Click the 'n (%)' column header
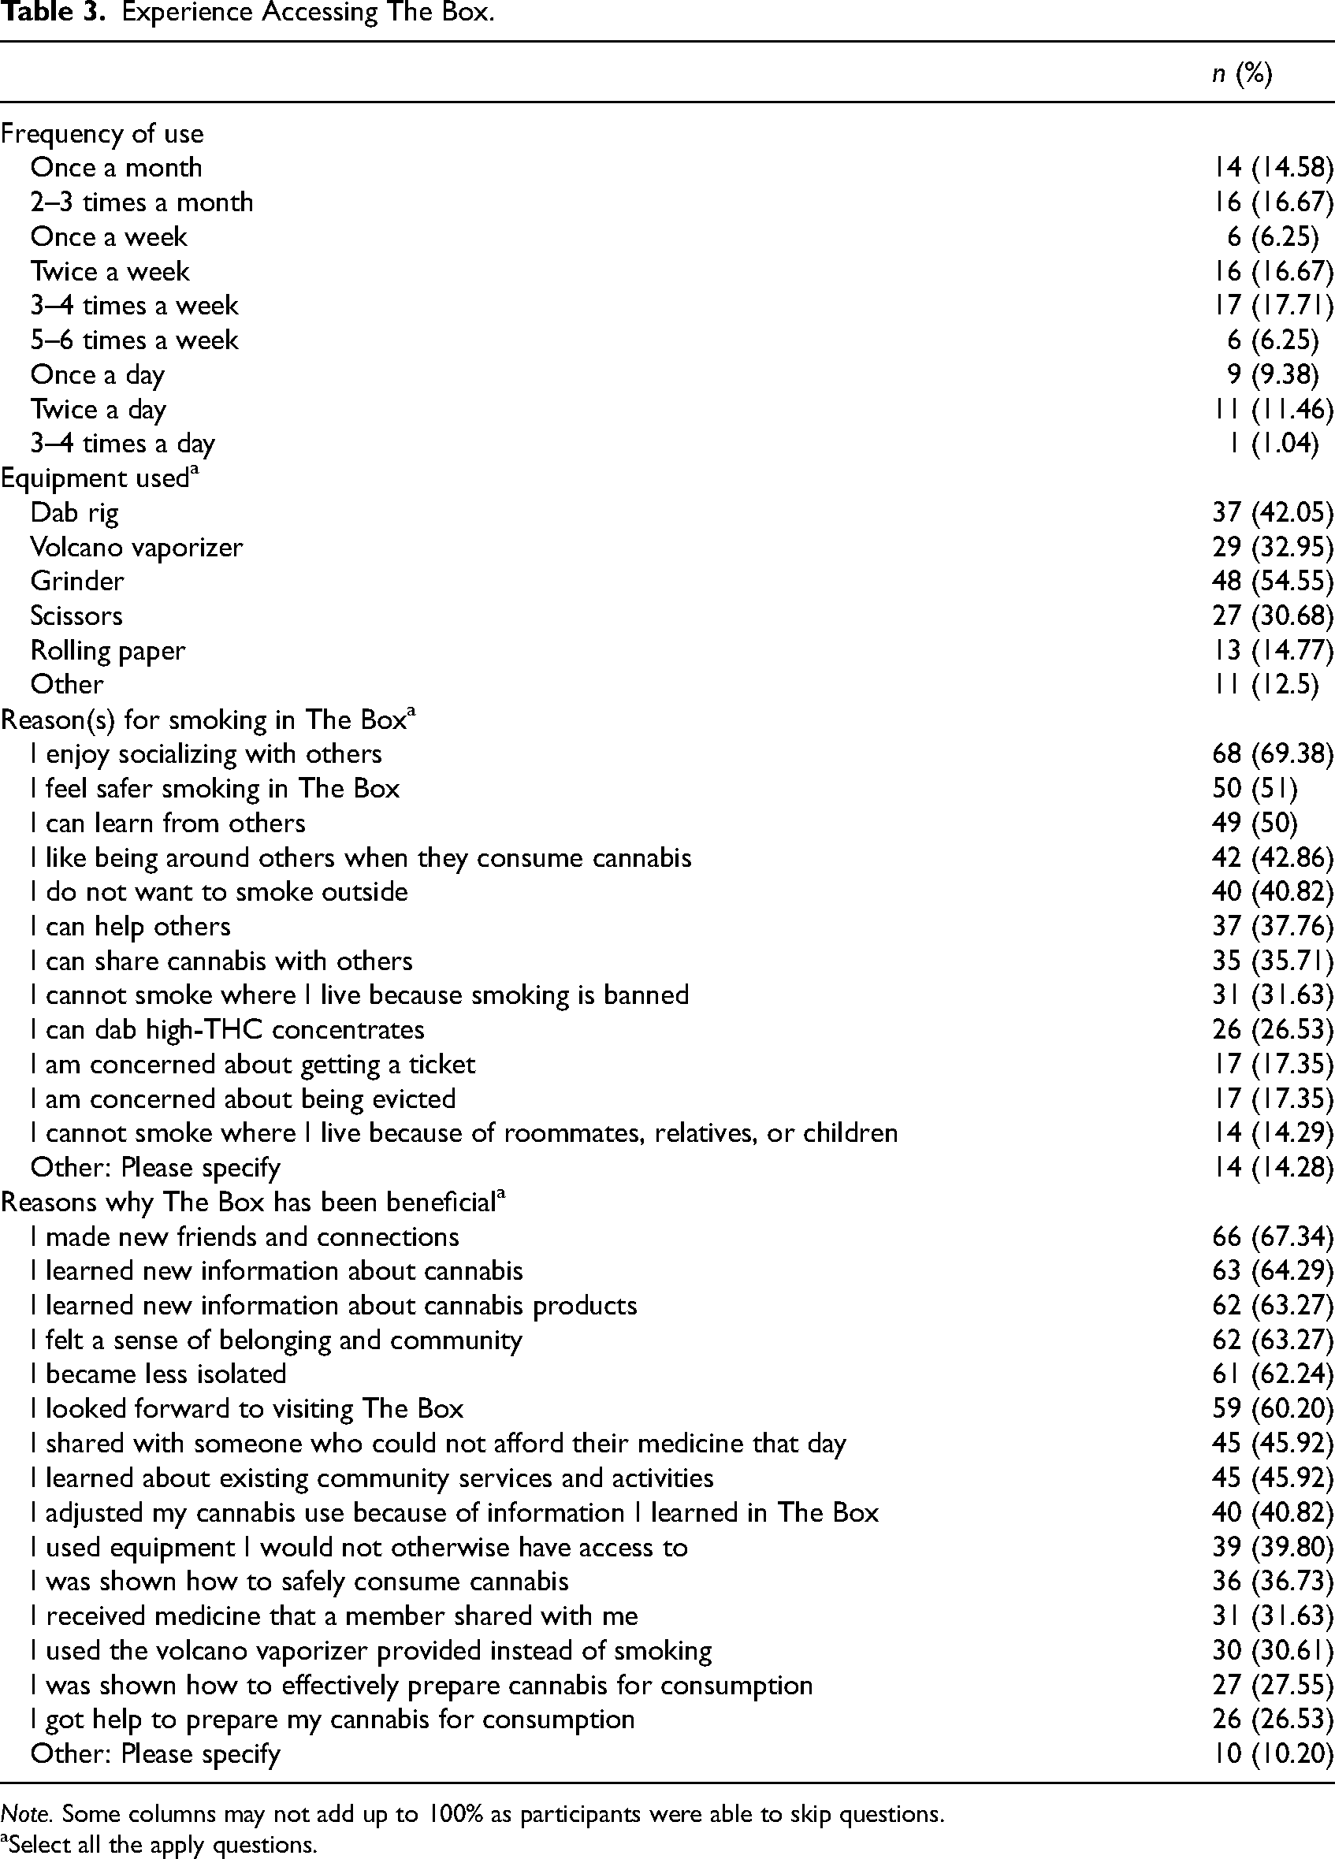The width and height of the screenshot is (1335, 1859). pyautogui.click(x=1240, y=75)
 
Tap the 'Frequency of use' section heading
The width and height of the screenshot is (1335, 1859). pyautogui.click(x=102, y=134)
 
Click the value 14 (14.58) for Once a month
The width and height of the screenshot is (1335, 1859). pyautogui.click(x=1273, y=168)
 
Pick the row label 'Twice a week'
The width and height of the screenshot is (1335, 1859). pyautogui.click(x=110, y=271)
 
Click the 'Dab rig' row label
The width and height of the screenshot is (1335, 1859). pyautogui.click(x=75, y=513)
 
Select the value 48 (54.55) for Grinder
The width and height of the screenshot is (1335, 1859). pyautogui.click(x=1273, y=581)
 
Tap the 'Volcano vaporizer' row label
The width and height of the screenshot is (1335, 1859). pyautogui.click(x=137, y=548)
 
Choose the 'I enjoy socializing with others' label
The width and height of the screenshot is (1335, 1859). pyautogui.click(x=206, y=754)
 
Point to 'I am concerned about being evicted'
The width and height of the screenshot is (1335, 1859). pyautogui.click(x=243, y=1099)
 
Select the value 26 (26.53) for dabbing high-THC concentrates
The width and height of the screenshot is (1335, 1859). pyautogui.click(x=1273, y=1029)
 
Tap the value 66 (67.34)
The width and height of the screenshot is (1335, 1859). pyautogui.click(x=1273, y=1237)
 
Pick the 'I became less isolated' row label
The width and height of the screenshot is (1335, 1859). pyautogui.click(x=158, y=1374)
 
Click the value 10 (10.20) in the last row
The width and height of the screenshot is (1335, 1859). pyautogui.click(x=1273, y=1753)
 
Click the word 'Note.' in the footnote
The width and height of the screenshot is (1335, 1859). pyautogui.click(x=27, y=1814)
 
